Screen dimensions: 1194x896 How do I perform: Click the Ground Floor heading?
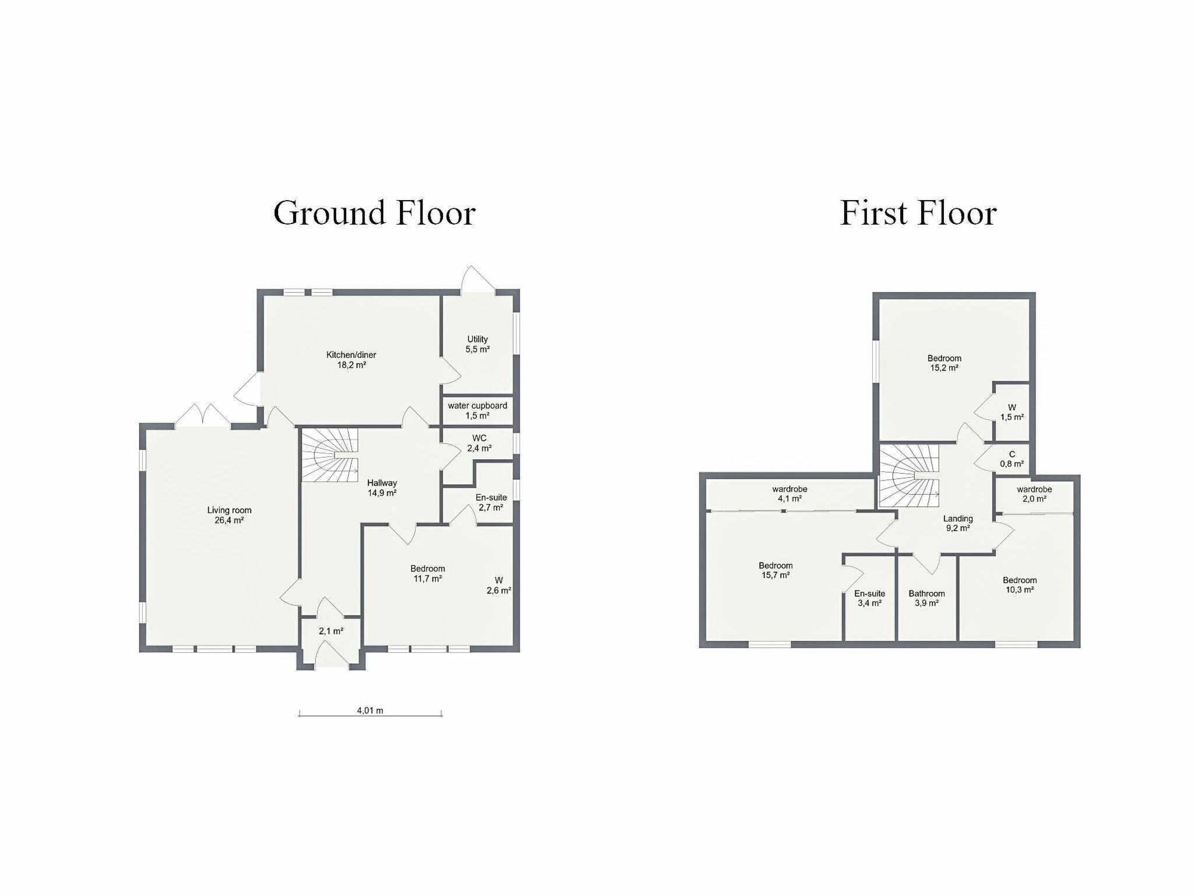coord(374,213)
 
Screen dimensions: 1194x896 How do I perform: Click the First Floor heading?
coord(918,213)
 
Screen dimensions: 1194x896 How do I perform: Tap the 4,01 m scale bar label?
coord(370,710)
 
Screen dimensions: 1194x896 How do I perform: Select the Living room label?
coord(229,515)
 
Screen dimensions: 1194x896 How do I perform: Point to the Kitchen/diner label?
coord(351,360)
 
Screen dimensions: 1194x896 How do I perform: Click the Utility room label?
coord(477,344)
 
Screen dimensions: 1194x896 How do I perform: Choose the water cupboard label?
coord(477,411)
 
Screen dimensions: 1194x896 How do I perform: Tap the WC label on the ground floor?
coord(479,443)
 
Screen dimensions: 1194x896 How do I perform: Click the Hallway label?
coord(382,488)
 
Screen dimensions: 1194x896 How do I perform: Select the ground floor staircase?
coord(329,455)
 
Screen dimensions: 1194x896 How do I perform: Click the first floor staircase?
coord(909,475)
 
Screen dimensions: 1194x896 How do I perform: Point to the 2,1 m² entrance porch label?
coord(331,631)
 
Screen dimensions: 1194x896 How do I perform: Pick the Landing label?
coord(958,523)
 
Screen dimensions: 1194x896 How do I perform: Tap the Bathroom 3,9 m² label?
coord(926,598)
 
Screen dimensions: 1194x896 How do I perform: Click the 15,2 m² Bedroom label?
coord(944,363)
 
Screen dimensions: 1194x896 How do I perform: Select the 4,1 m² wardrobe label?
coord(790,494)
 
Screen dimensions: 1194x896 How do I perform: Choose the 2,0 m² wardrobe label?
coord(1034,494)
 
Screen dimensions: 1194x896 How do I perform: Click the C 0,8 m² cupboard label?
coord(1012,459)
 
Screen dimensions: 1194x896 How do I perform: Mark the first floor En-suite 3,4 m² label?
coord(869,598)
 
